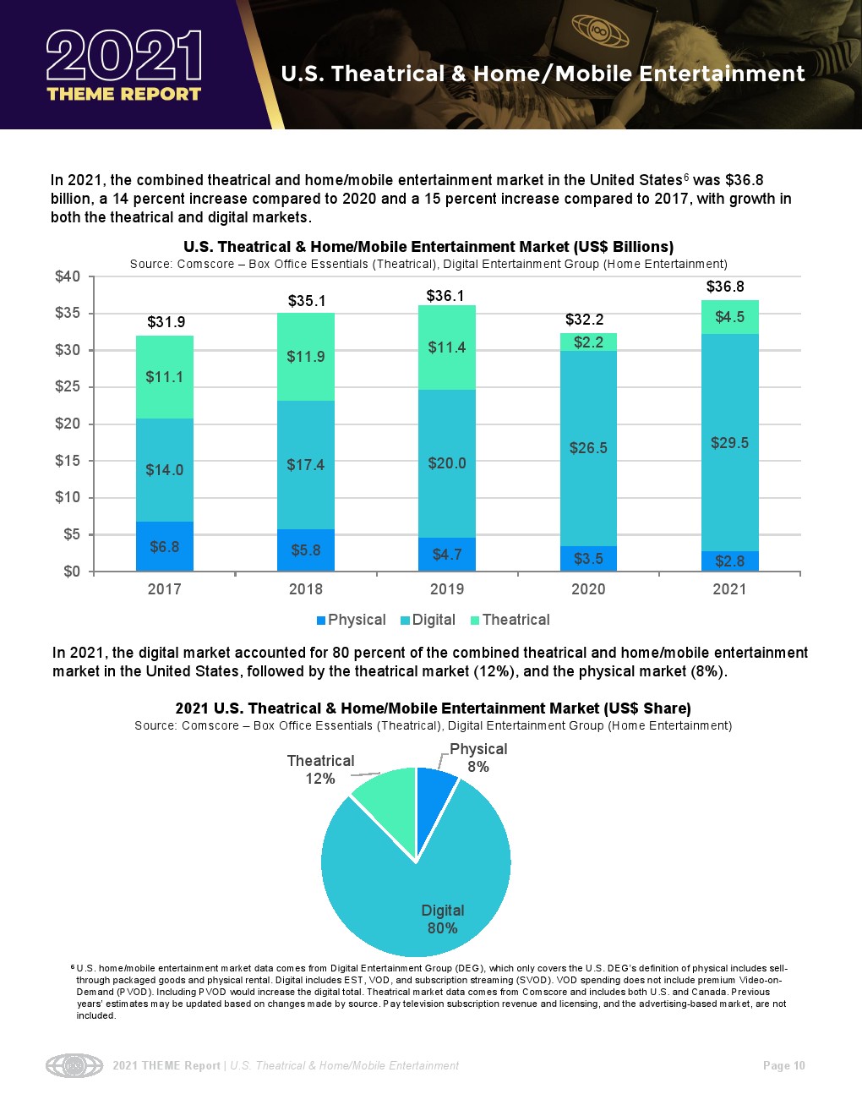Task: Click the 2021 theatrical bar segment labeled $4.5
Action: click(729, 317)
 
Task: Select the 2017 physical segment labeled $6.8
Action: click(164, 546)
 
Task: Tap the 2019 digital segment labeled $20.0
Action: click(447, 463)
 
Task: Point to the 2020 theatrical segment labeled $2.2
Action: click(588, 342)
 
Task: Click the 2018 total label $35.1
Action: click(307, 301)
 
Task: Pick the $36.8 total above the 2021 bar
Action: click(725, 287)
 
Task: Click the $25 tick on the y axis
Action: click(67, 387)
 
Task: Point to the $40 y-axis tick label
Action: click(67, 276)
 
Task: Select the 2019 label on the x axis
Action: click(447, 589)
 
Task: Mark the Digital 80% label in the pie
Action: click(442, 919)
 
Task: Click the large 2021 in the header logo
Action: click(124, 57)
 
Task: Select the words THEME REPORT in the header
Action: click(124, 94)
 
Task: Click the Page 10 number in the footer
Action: click(783, 1065)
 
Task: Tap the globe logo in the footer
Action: click(74, 1065)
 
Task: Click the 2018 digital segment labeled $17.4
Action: click(305, 465)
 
